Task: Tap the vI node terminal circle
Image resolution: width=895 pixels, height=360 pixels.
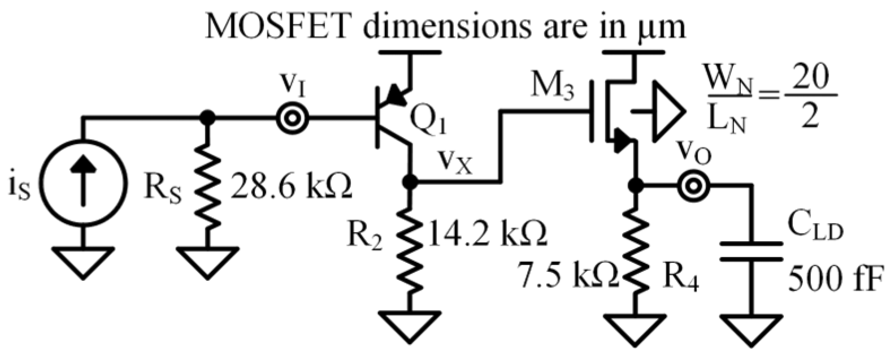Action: [293, 119]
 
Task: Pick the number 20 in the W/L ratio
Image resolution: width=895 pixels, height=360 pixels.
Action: [810, 82]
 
